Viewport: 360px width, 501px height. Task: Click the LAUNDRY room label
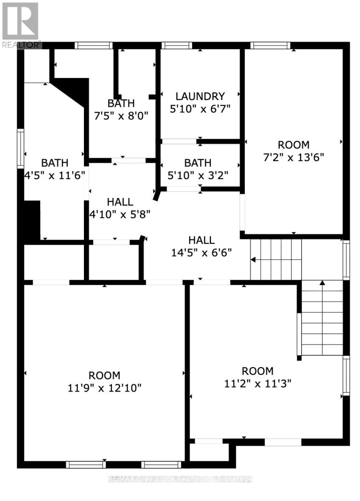(200, 96)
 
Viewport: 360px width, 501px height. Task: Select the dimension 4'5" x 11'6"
(55, 175)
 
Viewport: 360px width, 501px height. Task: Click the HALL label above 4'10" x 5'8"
(120, 202)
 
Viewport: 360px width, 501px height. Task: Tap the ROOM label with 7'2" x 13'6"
(294, 145)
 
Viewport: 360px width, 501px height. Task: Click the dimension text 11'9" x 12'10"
(105, 388)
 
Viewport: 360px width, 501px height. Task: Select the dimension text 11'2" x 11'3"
(258, 383)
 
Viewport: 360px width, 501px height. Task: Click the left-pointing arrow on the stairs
(253, 260)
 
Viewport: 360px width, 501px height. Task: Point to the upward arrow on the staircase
(322, 283)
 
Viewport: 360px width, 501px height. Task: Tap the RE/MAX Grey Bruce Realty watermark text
(180, 479)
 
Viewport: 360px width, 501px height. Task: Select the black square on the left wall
(31, 221)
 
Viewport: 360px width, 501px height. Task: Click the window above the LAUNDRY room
(177, 46)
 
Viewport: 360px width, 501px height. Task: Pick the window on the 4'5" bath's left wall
(20, 149)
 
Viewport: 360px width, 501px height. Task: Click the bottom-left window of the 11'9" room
(86, 464)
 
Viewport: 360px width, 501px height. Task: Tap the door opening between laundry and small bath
(179, 142)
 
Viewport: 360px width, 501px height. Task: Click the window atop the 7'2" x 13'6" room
(270, 46)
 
